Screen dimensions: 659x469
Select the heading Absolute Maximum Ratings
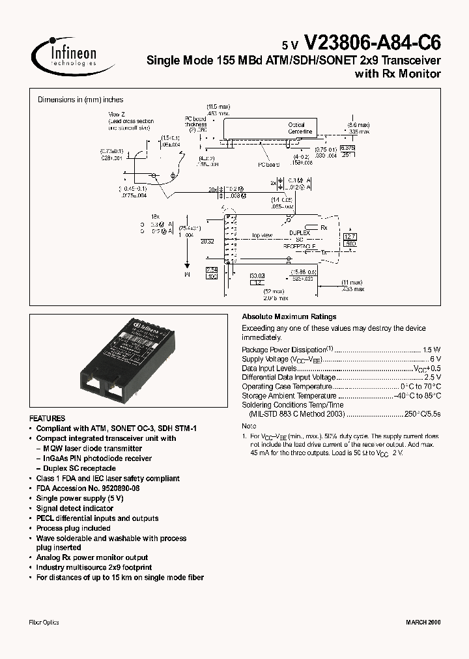[289, 317]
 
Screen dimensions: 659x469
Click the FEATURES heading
[48, 419]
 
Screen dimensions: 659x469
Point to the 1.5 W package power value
[432, 350]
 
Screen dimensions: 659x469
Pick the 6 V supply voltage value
[436, 359]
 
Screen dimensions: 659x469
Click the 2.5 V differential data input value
[433, 377]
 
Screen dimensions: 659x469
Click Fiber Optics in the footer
[44, 623]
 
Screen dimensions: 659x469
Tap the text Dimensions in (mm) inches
[80, 100]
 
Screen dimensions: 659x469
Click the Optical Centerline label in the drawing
[300, 128]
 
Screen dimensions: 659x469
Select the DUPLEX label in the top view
[300, 232]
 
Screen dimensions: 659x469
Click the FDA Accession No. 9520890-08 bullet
[88, 488]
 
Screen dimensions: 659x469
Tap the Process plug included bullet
[73, 528]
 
